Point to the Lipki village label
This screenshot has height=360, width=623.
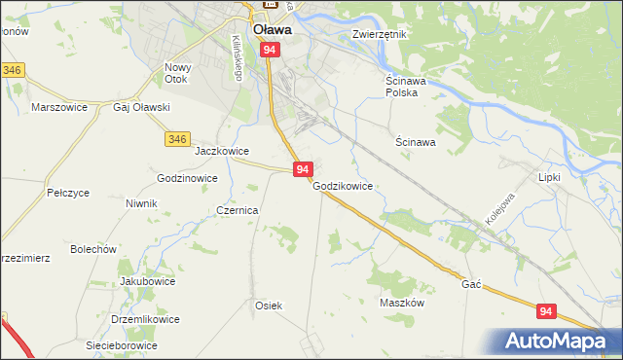click(551, 177)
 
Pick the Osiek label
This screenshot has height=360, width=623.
click(269, 306)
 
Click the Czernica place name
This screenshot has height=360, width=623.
click(237, 210)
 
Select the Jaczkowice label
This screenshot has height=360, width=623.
click(223, 152)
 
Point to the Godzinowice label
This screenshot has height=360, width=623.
click(187, 179)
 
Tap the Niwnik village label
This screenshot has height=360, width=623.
click(141, 203)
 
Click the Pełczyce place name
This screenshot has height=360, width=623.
click(68, 193)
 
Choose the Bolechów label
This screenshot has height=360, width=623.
click(93, 249)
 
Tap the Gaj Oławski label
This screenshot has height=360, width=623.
click(142, 107)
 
